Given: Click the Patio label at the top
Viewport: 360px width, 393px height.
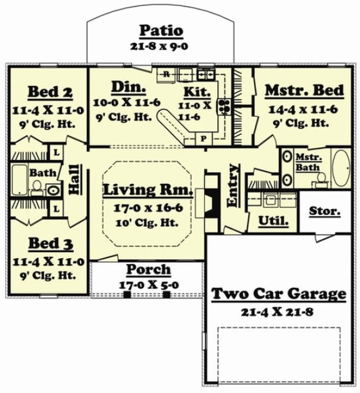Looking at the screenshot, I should click(x=160, y=30).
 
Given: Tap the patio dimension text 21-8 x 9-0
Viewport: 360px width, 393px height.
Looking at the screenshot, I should click(x=160, y=46).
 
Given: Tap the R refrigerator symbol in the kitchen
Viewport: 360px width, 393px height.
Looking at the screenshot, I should click(x=167, y=75).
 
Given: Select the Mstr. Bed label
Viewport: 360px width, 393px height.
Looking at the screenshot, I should click(x=304, y=90).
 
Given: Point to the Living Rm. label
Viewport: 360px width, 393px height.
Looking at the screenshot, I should click(x=147, y=190).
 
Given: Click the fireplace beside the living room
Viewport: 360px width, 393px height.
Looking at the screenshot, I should click(x=211, y=196).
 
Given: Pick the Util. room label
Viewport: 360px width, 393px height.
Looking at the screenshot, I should click(x=273, y=221).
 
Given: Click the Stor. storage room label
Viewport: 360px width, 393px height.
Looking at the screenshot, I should click(x=324, y=211).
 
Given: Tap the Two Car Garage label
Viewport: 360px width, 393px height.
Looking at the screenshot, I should click(x=278, y=294).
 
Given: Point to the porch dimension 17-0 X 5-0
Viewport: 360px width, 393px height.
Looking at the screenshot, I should click(x=149, y=284).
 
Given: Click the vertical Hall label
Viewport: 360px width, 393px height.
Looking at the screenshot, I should click(x=75, y=178).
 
